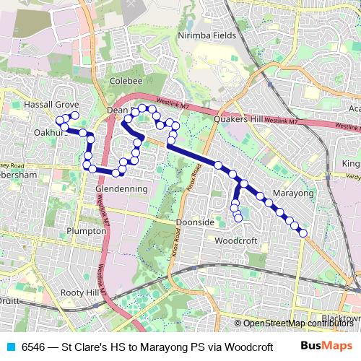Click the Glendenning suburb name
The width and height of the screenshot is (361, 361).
(121, 188)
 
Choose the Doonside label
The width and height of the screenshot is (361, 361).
(195, 222)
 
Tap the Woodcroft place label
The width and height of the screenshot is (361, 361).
(236, 240)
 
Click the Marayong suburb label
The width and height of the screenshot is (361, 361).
(293, 193)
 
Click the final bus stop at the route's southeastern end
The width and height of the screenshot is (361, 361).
(303, 232)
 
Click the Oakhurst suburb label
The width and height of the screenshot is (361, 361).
(49, 133)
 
